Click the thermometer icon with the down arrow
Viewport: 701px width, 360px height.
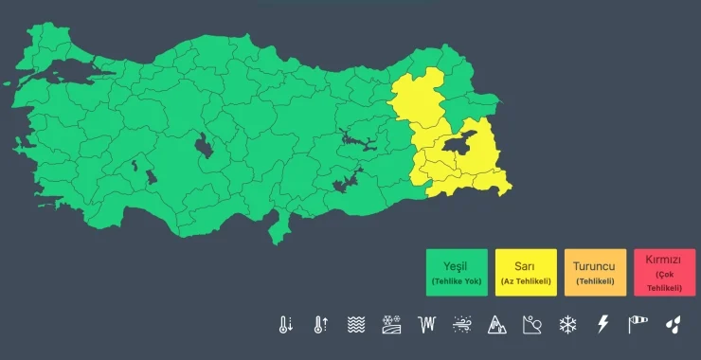coord(286,325)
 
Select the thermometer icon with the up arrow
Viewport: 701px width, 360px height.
coord(320,325)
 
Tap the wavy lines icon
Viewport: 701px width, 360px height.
coord(355,325)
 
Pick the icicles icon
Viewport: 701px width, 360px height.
coord(426,325)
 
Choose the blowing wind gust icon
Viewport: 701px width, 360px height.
coord(461,325)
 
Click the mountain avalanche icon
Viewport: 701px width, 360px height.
coord(496,325)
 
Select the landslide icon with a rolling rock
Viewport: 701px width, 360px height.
coord(531,325)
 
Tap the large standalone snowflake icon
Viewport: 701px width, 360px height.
coord(567,325)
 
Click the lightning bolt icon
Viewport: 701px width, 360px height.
coord(602,325)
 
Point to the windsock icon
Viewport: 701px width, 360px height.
coord(637,325)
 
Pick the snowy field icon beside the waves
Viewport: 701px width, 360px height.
coord(390,325)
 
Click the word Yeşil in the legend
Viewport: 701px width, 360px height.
coord(457,265)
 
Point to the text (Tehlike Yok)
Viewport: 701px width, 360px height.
coord(457,281)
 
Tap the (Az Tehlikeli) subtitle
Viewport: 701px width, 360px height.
coord(526,281)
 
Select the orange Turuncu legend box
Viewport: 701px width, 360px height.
coord(595,273)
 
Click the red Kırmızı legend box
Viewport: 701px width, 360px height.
coord(663,273)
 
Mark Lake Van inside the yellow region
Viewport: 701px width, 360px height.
coord(453,144)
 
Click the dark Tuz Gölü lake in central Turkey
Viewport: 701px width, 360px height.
coord(203,147)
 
